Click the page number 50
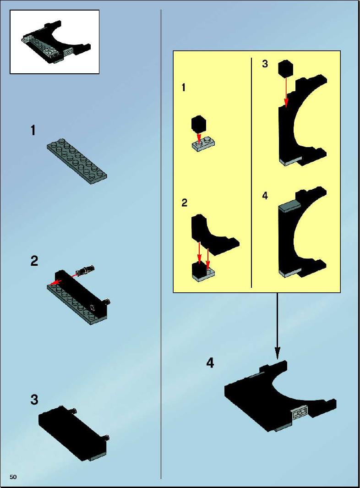coord(13,477)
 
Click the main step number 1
coord(33,131)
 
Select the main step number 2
coord(34,261)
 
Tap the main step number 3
coord(34,400)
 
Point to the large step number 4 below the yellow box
coord(210,363)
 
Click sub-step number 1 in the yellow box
coord(184,88)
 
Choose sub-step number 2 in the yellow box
coord(185,203)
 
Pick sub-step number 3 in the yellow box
coord(265,64)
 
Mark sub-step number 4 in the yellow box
coord(265,196)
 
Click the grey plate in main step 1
coord(77,162)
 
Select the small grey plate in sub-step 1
coord(204,144)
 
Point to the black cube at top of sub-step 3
coord(286,68)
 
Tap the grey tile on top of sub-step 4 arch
coord(289,207)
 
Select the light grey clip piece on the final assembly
coord(300,413)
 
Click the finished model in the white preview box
coord(56,43)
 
